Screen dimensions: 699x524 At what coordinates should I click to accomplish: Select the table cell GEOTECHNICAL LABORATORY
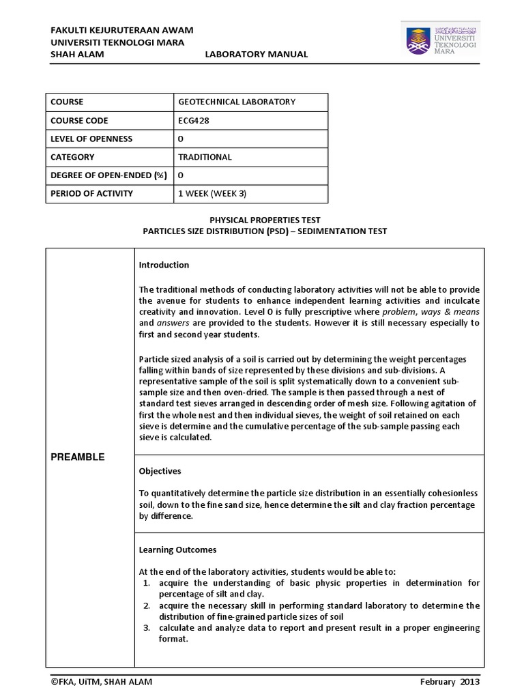point(237,102)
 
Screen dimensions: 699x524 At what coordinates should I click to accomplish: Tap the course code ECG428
point(192,120)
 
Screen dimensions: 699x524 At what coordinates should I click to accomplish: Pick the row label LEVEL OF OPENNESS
point(91,139)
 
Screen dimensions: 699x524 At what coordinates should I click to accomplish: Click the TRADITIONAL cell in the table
point(205,157)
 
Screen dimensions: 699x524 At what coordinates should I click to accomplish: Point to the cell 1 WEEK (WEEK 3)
point(212,193)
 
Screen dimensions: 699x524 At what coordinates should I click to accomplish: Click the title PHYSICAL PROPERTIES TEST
point(265,220)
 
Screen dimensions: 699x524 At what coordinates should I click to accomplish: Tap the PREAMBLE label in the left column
point(77,457)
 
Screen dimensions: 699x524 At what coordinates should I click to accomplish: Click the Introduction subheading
point(164,265)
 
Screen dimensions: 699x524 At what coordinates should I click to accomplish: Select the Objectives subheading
point(160,471)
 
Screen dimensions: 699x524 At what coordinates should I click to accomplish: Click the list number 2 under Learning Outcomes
point(147,605)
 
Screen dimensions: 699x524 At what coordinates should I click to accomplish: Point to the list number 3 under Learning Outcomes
point(147,628)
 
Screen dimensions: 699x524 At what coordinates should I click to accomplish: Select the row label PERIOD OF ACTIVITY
point(91,193)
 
